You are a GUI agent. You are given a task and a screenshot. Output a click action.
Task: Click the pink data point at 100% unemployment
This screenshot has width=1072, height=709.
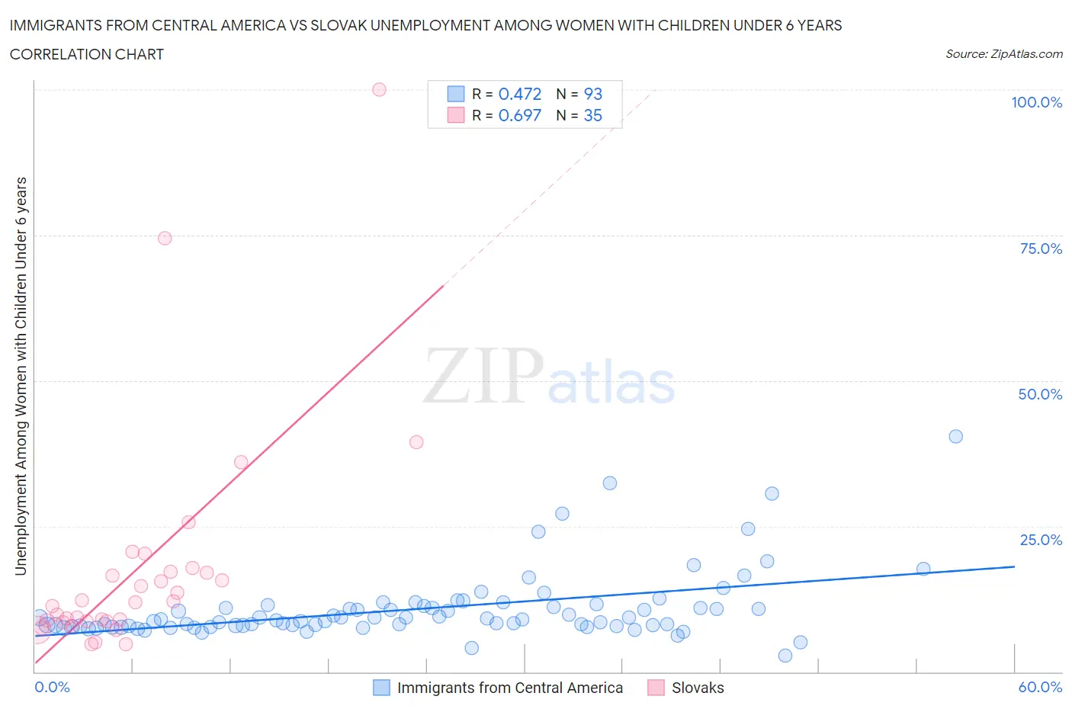click(379, 89)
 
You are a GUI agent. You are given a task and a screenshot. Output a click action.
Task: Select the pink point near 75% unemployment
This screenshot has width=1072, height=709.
click(165, 238)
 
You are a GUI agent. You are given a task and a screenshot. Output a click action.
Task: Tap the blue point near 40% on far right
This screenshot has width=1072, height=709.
click(955, 436)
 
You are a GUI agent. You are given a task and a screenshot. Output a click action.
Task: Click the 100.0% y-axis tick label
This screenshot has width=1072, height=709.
click(1036, 102)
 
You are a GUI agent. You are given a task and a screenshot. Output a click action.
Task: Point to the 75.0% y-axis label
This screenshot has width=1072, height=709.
click(1041, 249)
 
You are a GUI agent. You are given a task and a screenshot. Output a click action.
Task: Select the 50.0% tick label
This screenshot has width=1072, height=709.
click(1040, 394)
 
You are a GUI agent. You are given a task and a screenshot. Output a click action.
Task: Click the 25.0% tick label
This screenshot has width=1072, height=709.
click(1041, 540)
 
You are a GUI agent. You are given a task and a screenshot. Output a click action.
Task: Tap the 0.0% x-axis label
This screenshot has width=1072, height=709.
click(52, 687)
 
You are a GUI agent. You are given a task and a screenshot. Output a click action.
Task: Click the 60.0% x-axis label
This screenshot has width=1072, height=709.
click(1040, 687)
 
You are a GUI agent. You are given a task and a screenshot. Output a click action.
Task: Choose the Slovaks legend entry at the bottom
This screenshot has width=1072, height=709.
click(697, 688)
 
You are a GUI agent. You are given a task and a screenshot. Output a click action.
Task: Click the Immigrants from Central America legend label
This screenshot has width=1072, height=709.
click(509, 688)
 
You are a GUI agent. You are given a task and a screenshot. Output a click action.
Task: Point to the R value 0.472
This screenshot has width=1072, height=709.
click(519, 94)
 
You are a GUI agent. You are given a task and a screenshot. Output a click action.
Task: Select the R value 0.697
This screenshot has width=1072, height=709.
click(519, 115)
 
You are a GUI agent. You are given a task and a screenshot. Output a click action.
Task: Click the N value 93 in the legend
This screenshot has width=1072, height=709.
click(592, 94)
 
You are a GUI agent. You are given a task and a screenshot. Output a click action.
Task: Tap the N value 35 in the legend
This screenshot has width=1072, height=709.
click(592, 115)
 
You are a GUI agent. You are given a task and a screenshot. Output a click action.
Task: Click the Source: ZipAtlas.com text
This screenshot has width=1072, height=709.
click(1003, 53)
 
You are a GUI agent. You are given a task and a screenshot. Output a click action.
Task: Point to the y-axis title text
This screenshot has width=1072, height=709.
click(21, 376)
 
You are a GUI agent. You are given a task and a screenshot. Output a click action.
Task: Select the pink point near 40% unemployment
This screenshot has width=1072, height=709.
click(416, 441)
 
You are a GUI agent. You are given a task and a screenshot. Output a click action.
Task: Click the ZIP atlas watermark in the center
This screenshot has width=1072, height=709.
click(549, 377)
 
